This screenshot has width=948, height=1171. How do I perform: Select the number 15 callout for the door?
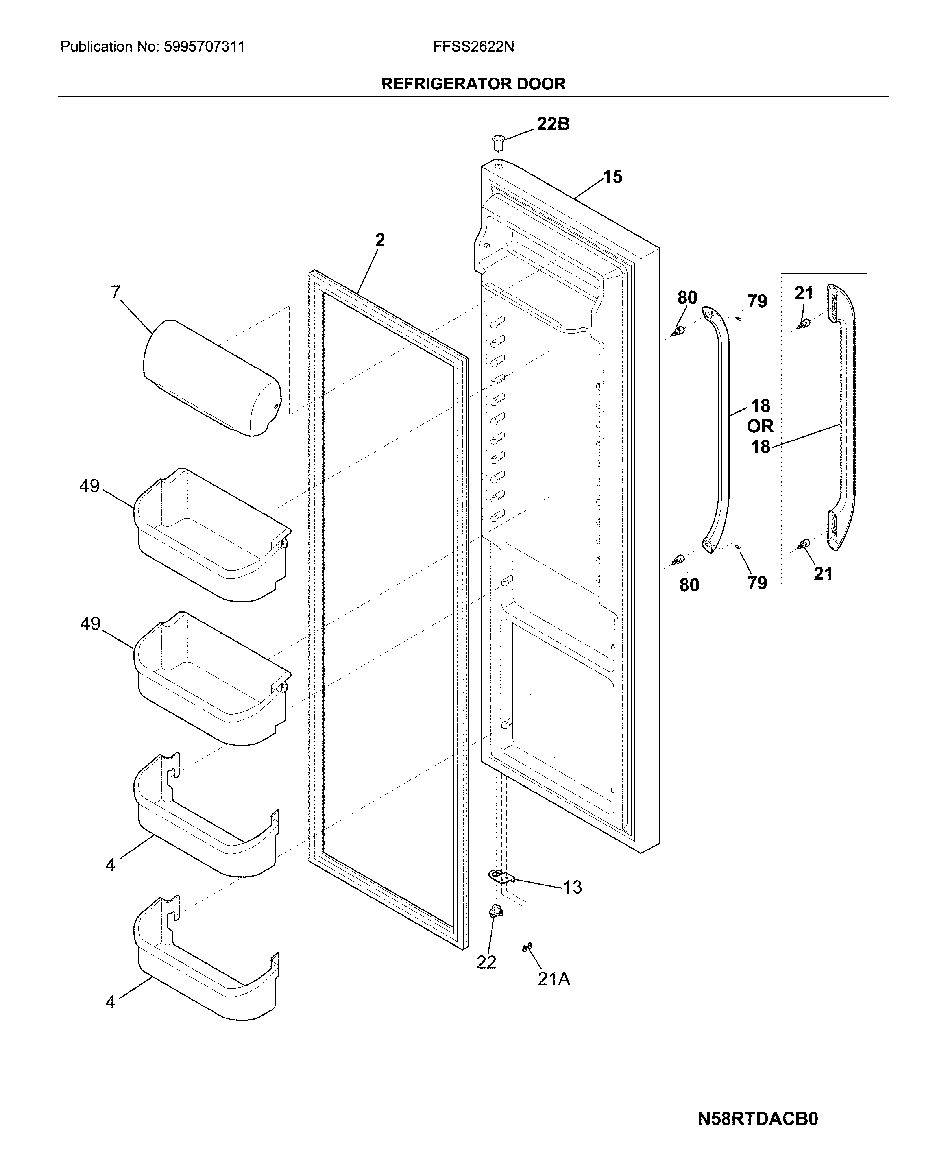coord(612,177)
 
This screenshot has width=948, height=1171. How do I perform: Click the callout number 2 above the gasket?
coord(379,240)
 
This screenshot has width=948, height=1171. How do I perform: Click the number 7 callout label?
coord(115,293)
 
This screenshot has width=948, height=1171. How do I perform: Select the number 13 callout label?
coord(572,887)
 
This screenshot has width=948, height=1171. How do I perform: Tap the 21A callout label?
coord(553,979)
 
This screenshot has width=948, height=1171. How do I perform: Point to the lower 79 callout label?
coord(757,583)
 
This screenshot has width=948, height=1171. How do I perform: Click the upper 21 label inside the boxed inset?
coord(803,294)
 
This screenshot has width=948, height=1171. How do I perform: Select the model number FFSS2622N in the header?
coord(473,47)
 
